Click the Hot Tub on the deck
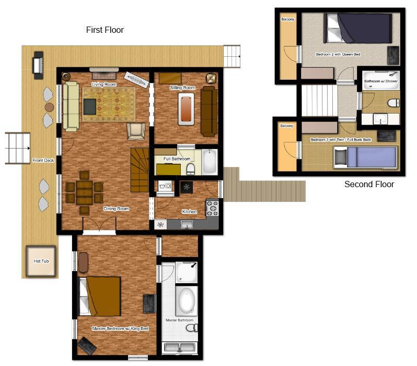[x=41, y=261]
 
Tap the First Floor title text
[x=105, y=30]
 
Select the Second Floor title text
[x=369, y=184]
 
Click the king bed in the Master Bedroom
[x=100, y=296]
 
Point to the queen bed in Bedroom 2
[x=358, y=28]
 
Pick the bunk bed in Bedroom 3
[x=366, y=157]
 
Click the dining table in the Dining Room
[x=84, y=192]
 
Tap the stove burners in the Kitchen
[x=212, y=208]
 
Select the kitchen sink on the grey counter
[x=187, y=225]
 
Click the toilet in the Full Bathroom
[x=190, y=169]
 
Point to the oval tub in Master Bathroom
[x=187, y=300]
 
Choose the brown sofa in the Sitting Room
[x=209, y=112]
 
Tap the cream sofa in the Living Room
[x=71, y=106]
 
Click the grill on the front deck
[x=38, y=65]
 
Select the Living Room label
[x=104, y=84]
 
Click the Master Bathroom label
[x=180, y=320]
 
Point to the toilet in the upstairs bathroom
[x=394, y=102]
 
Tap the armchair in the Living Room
[x=136, y=131]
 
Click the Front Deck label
[x=43, y=160]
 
